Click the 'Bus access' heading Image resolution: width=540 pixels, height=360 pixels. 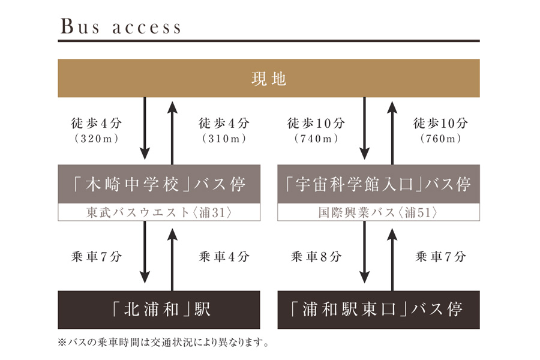pyautogui.click(x=120, y=27)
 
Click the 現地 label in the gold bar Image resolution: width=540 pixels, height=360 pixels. pyautogui.click(x=269, y=79)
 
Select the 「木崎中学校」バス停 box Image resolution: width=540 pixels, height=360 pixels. pyautogui.click(x=159, y=184)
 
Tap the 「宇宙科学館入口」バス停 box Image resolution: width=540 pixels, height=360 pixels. pyautogui.click(x=378, y=184)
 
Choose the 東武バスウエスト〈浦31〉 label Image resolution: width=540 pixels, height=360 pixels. pyautogui.click(x=159, y=213)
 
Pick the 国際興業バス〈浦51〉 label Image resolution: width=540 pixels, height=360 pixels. pyautogui.click(x=378, y=213)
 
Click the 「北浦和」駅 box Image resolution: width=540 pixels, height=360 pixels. pyautogui.click(x=159, y=310)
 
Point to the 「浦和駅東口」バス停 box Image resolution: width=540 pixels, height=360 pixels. pyautogui.click(x=378, y=310)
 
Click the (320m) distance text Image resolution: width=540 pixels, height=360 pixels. pyautogui.click(x=97, y=139)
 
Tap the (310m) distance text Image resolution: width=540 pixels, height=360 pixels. pyautogui.click(x=224, y=139)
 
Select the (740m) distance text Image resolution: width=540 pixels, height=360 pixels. pyautogui.click(x=316, y=139)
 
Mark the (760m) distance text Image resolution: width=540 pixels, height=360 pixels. pyautogui.click(x=441, y=139)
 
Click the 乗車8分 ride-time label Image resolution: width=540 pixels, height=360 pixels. pyautogui.click(x=316, y=257)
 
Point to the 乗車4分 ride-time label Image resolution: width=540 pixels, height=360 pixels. pyautogui.click(x=224, y=257)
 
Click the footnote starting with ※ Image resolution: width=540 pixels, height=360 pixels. pyautogui.click(x=163, y=344)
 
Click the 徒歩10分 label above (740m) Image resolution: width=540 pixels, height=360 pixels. pyautogui.click(x=316, y=124)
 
